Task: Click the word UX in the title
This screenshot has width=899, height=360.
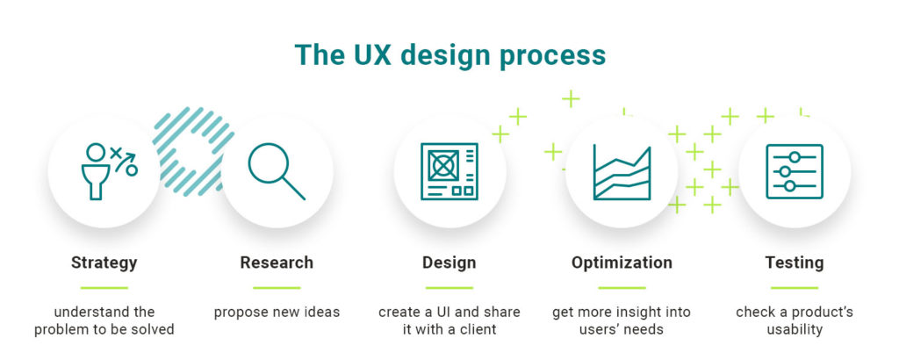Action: (x=368, y=55)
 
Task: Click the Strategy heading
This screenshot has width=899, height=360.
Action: (x=104, y=263)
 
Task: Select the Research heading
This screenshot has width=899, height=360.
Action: (x=277, y=263)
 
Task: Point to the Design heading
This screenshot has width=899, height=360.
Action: (x=449, y=263)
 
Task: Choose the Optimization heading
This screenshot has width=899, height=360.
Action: (x=622, y=263)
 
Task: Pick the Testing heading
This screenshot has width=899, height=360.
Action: (x=795, y=263)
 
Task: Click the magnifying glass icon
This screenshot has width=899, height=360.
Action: (x=277, y=171)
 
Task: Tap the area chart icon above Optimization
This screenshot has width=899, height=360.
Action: (x=622, y=172)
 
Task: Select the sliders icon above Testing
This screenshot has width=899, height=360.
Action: (x=795, y=171)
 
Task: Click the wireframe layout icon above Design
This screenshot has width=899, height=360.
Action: (x=449, y=171)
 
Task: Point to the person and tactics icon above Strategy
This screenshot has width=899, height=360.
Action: (x=108, y=171)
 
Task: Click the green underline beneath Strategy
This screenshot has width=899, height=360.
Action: (x=104, y=288)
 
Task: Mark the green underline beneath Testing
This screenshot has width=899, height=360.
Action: (x=795, y=288)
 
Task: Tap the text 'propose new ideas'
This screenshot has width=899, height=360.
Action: (x=277, y=313)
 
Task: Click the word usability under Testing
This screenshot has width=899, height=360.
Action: (x=795, y=329)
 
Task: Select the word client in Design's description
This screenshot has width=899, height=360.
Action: (x=477, y=329)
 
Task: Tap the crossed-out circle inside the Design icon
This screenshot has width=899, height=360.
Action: (x=442, y=165)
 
